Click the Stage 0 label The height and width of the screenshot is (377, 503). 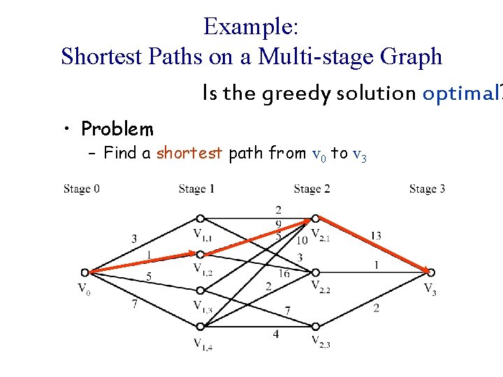(x=81, y=188)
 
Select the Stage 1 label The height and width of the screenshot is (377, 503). (x=196, y=188)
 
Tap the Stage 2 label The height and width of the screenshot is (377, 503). (x=312, y=188)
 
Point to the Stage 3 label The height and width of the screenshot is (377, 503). (x=427, y=188)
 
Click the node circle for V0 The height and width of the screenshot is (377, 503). (x=85, y=272)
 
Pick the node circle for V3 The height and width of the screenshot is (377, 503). (x=431, y=272)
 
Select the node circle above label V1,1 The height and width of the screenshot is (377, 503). (x=200, y=218)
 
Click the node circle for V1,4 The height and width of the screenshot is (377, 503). (x=200, y=326)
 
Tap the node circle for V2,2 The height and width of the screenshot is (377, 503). (x=316, y=272)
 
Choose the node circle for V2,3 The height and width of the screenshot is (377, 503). (x=316, y=326)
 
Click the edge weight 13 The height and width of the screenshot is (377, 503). (x=375, y=236)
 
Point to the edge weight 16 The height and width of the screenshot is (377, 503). (x=284, y=273)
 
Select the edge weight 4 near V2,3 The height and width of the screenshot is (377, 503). (x=276, y=334)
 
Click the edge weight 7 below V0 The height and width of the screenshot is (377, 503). (x=134, y=304)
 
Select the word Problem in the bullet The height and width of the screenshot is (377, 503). (x=117, y=128)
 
